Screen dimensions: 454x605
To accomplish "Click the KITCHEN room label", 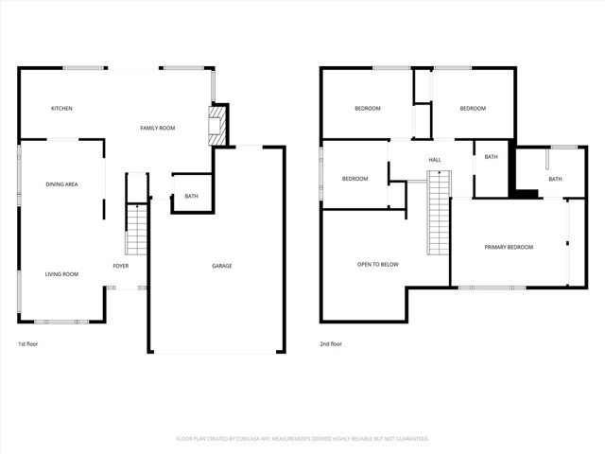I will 61,109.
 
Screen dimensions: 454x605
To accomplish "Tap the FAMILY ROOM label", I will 158,128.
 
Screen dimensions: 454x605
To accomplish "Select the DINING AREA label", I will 61,183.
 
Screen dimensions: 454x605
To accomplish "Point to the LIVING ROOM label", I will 61,274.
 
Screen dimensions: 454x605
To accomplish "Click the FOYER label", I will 121,266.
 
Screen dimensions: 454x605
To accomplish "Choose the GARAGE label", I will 221,266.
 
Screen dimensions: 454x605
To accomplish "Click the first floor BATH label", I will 191,197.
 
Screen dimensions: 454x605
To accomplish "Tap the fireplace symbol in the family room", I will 217,125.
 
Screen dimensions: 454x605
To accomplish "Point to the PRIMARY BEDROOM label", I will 509,247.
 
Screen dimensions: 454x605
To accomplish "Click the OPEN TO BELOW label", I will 377,265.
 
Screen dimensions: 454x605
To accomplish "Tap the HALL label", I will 435,160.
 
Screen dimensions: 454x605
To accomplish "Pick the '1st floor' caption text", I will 29,344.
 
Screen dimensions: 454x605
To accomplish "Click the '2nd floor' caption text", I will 331,344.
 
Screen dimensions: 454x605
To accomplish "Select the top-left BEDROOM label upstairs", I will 368,109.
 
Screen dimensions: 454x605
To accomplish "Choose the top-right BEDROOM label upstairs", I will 473,109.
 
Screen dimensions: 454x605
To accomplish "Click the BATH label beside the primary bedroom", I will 555,179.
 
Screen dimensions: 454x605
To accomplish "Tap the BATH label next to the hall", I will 491,157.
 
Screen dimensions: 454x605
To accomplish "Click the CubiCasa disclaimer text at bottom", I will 302,439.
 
